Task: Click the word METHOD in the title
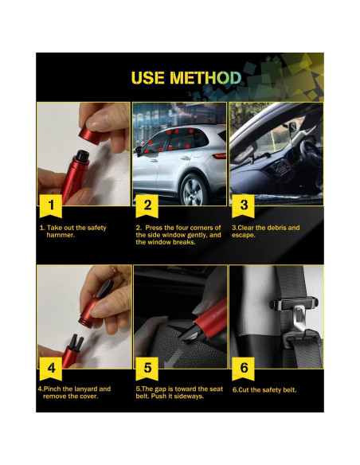pos(205,78)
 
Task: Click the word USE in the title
pos(147,78)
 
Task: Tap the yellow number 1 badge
pos(51,205)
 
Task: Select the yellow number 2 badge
pos(147,205)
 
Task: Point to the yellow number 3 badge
pos(243,205)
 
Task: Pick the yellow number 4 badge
pos(51,369)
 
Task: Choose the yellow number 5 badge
pos(147,369)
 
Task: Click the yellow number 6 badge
pos(243,369)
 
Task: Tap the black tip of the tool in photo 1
pos(82,156)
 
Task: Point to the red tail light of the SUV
pos(220,156)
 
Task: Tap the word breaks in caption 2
pos(184,242)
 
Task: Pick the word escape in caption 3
pos(243,235)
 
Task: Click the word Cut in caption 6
pos(244,389)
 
